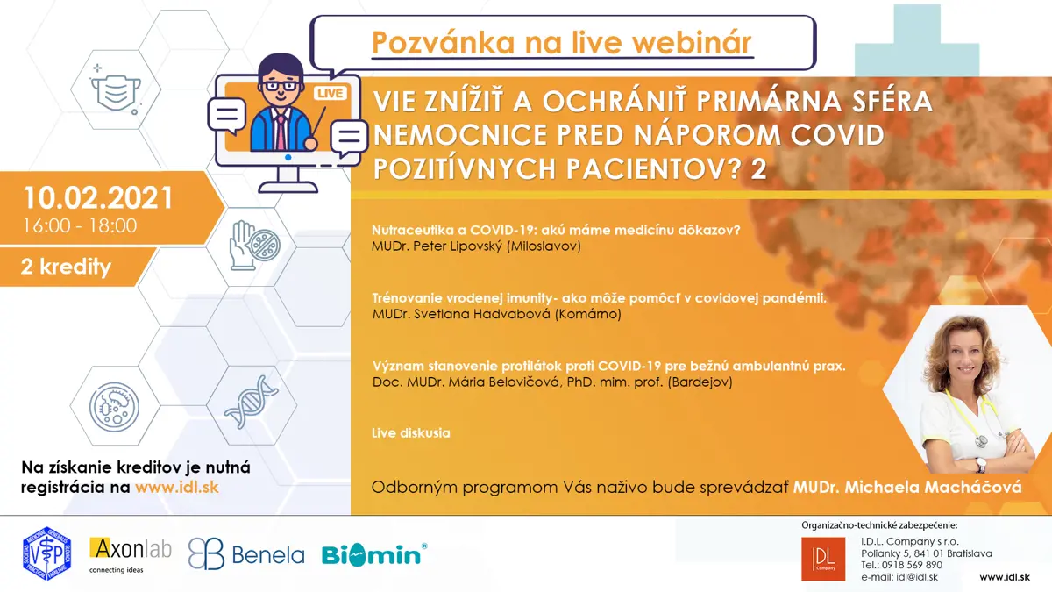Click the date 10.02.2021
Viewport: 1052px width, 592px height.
98,197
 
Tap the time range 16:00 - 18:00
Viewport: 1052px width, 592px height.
80,226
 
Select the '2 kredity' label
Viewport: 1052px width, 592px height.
66,267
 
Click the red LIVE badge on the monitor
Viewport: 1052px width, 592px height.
330,93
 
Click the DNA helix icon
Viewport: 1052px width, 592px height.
252,403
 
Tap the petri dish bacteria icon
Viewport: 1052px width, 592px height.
114,407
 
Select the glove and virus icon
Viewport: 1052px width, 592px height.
254,246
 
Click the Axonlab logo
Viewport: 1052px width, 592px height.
130,555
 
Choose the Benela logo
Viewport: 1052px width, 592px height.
246,554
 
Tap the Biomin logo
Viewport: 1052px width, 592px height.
374,554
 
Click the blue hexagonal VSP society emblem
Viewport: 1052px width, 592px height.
46,553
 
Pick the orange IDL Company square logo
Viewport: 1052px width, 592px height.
823,560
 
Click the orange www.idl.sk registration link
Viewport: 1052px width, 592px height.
177,488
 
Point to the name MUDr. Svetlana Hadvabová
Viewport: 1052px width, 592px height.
461,314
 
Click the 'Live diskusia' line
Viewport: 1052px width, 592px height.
411,432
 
